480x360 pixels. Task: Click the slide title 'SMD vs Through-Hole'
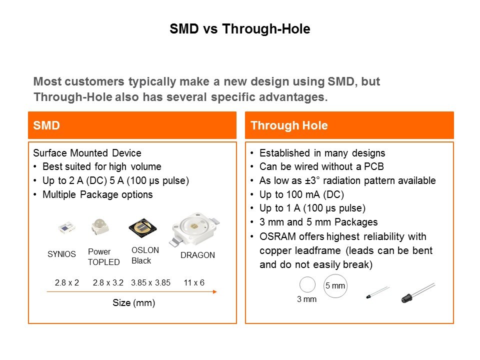pyautogui.click(x=239, y=29)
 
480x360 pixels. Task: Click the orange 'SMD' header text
pyautogui.click(x=46, y=125)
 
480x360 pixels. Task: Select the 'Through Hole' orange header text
pyautogui.click(x=289, y=125)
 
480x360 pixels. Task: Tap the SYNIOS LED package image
pyautogui.click(x=66, y=228)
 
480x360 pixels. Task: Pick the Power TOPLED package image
pyautogui.click(x=100, y=227)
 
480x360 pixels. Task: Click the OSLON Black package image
pyautogui.click(x=142, y=228)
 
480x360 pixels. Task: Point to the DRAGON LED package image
pyautogui.click(x=194, y=229)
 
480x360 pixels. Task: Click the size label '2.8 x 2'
pyautogui.click(x=66, y=282)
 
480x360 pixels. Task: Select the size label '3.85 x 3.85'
pyautogui.click(x=150, y=282)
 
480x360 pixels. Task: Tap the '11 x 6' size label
pyautogui.click(x=194, y=282)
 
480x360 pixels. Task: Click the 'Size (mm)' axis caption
pyautogui.click(x=134, y=303)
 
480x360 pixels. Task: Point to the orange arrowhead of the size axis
pyautogui.click(x=215, y=291)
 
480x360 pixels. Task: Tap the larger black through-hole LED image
pyautogui.click(x=418, y=293)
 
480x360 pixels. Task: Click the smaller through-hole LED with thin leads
pyautogui.click(x=378, y=292)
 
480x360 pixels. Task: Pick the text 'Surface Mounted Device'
pyautogui.click(x=87, y=153)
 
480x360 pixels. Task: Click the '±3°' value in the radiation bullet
pyautogui.click(x=312, y=180)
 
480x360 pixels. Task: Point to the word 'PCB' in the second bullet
pyautogui.click(x=374, y=166)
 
